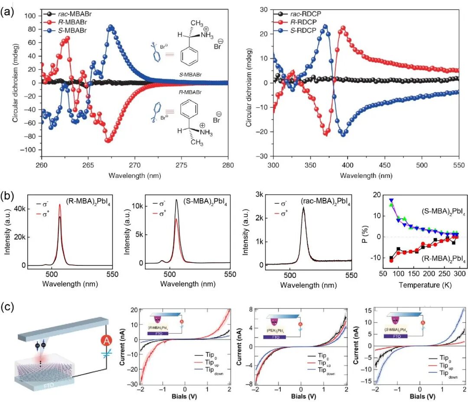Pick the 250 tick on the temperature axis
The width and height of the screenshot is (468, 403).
(437, 274)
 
